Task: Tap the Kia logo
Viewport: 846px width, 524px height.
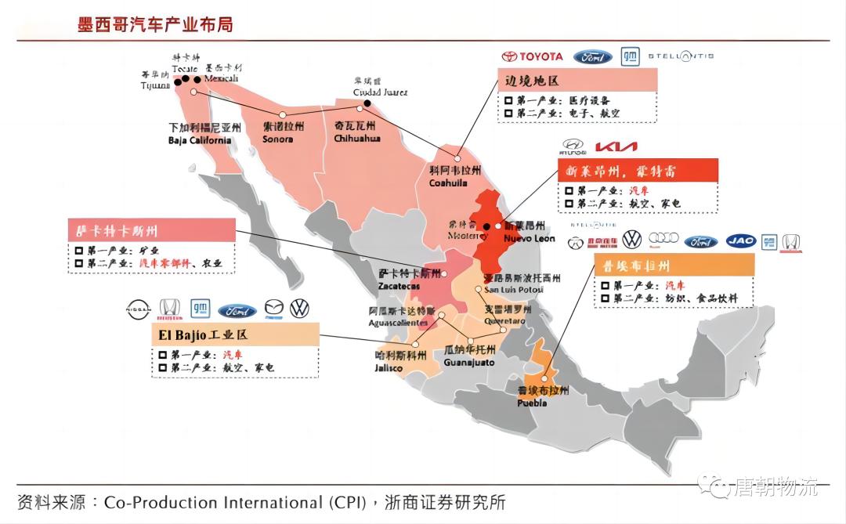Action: tap(616, 146)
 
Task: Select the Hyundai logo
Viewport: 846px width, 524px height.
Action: tap(573, 146)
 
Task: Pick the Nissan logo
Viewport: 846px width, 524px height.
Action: tap(137, 309)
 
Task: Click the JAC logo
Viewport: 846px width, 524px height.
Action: tap(740, 240)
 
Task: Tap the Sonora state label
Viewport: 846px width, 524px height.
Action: tap(277, 132)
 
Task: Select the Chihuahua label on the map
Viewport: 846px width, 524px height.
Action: tap(356, 132)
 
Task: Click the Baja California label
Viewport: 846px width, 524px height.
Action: tap(200, 134)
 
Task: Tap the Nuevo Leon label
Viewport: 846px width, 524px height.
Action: tap(529, 232)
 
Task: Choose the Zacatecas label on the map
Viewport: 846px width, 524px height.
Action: tap(399, 280)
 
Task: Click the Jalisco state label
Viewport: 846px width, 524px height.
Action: tap(389, 361)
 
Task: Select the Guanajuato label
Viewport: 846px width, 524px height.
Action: tap(469, 356)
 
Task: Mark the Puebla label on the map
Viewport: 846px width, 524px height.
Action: tap(532, 396)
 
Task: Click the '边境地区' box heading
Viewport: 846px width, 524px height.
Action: tap(533, 81)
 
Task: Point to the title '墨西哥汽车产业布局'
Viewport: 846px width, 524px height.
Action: tap(155, 24)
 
